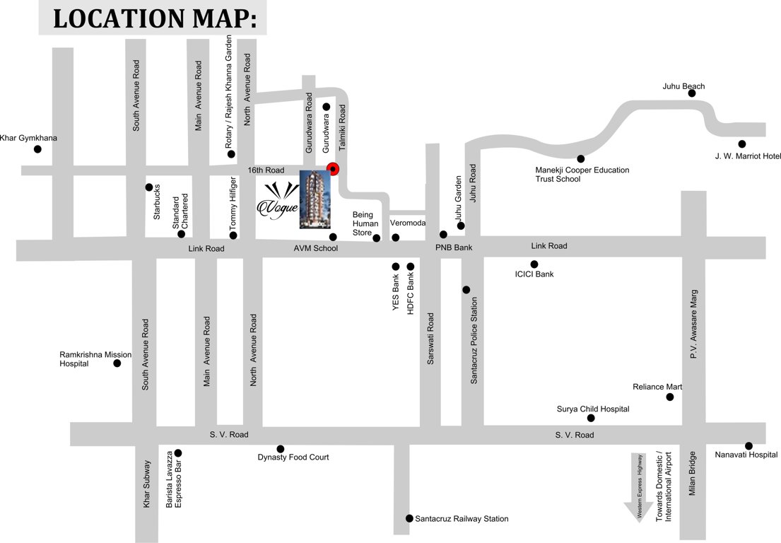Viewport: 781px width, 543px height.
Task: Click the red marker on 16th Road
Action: click(x=331, y=169)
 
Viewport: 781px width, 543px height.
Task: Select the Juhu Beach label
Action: click(x=683, y=86)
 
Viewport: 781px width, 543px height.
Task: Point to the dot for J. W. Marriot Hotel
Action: click(x=741, y=144)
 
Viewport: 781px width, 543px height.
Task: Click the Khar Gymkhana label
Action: click(x=28, y=138)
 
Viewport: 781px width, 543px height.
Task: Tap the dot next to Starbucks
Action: click(x=149, y=187)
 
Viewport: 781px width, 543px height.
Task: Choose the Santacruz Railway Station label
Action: click(x=462, y=519)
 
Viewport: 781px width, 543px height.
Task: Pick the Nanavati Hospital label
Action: click(x=746, y=455)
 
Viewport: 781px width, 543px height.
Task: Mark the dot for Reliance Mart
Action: click(x=670, y=397)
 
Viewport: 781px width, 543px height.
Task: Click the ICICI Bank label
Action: click(x=535, y=274)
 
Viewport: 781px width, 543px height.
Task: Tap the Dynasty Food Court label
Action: click(x=293, y=457)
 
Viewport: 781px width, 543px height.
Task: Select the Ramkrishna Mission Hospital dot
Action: click(x=117, y=363)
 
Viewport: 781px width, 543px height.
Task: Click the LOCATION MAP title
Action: click(x=153, y=18)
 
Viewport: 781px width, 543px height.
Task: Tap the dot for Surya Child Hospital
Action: click(x=591, y=418)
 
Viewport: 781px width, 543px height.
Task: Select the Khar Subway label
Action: click(x=147, y=484)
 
